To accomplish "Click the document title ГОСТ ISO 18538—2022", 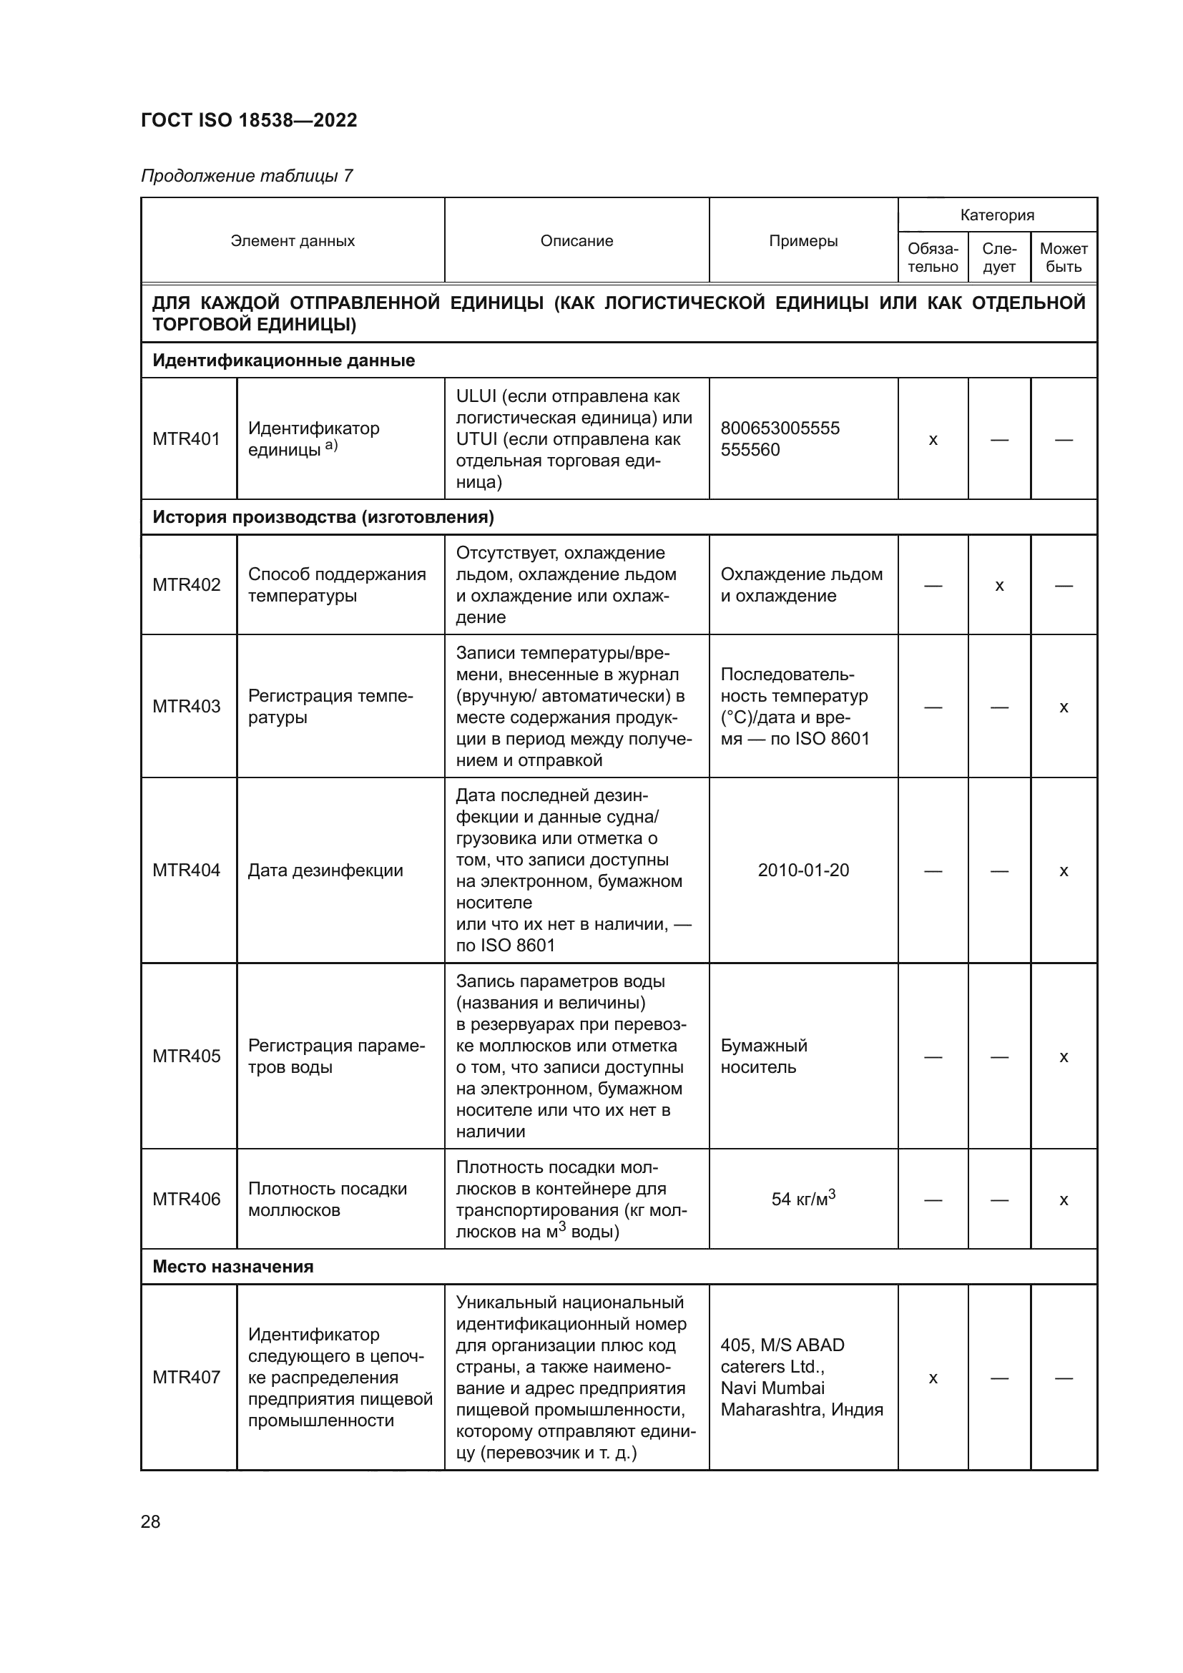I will (248, 120).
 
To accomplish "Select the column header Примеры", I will (802, 240).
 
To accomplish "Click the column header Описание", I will (576, 240).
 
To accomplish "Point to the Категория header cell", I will (996, 215).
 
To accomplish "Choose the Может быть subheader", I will (1063, 257).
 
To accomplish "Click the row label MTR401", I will (186, 438).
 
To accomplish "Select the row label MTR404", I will (186, 870).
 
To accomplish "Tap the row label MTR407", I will (186, 1377).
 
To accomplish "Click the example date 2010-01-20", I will (802, 870).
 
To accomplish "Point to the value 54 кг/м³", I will (802, 1199).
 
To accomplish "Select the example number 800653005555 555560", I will (780, 438).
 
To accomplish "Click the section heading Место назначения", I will (232, 1267).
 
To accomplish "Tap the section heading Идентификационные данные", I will (283, 360).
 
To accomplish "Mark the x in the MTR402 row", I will (998, 585).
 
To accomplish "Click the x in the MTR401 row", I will (933, 439).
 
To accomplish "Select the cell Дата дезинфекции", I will (325, 870).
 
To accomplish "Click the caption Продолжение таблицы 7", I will (246, 176).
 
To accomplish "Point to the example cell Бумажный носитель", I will (763, 1056).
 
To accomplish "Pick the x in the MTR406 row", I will (1063, 1199).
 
